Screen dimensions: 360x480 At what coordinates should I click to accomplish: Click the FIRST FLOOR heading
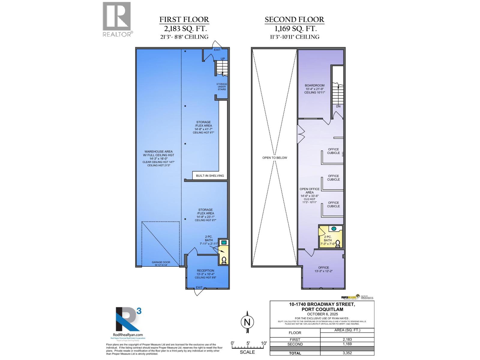click(x=184, y=20)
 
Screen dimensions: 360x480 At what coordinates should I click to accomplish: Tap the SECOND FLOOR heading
click(x=294, y=20)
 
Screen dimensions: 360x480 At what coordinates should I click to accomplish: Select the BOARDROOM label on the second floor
click(x=315, y=85)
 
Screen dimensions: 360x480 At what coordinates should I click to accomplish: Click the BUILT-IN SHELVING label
click(x=210, y=176)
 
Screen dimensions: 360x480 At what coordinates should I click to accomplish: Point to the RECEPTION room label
click(x=205, y=271)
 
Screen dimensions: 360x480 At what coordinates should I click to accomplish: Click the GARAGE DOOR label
click(x=161, y=262)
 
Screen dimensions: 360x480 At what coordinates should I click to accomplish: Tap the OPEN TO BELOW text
click(x=274, y=158)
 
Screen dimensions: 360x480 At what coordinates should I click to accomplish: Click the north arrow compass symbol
click(x=247, y=322)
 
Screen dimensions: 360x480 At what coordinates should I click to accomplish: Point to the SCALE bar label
click(x=247, y=352)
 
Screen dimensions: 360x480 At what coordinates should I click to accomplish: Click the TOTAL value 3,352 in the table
click(x=347, y=353)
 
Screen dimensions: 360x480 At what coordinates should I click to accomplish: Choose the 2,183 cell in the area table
click(x=347, y=340)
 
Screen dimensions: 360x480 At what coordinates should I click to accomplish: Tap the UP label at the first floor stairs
click(x=223, y=59)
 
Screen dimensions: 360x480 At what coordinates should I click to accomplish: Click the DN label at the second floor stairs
click(x=338, y=106)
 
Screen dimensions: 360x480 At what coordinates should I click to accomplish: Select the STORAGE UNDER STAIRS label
click(x=222, y=87)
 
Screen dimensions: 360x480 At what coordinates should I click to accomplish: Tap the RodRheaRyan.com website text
click(x=128, y=335)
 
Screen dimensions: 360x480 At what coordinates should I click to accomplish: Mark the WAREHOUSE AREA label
click(x=158, y=152)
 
